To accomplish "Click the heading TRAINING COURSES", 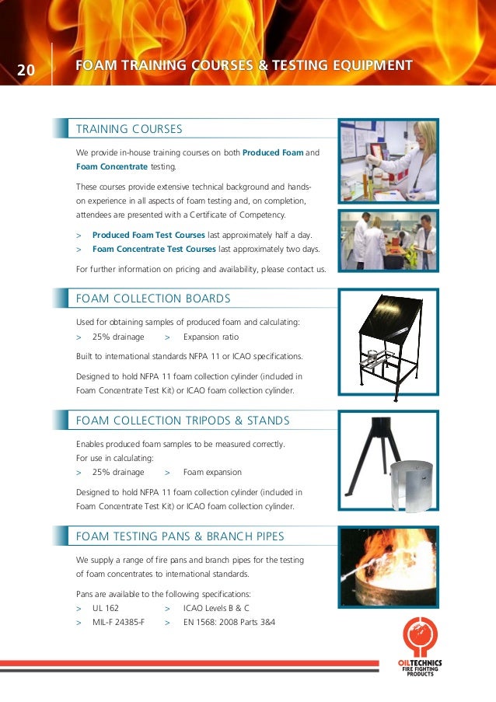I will [x=128, y=129].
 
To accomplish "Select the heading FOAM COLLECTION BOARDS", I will [x=152, y=299].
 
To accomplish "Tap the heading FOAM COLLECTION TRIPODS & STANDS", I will [x=182, y=421].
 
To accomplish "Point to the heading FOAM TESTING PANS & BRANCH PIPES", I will [x=180, y=536].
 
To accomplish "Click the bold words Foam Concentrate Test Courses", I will [x=154, y=250].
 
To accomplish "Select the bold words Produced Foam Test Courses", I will [x=148, y=235].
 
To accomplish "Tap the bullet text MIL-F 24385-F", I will [x=118, y=623].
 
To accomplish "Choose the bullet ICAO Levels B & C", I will [x=216, y=608].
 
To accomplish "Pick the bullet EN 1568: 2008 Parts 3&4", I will [x=229, y=623].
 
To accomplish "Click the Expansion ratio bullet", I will [x=211, y=337].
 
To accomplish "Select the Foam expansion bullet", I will [x=212, y=472].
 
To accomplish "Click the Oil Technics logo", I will [x=420, y=645].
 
